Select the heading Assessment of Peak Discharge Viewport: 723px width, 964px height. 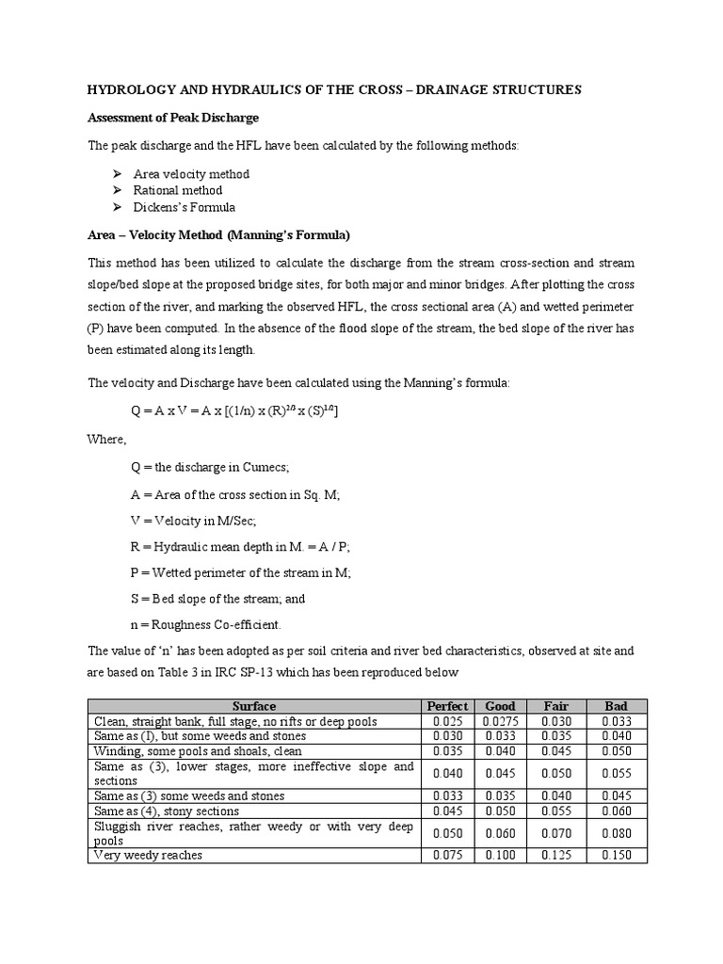tap(172, 118)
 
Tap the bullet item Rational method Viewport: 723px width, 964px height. tap(178, 190)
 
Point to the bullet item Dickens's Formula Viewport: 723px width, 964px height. tap(185, 207)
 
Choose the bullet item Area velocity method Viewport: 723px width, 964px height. tap(191, 174)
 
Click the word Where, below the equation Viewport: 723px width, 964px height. tap(106, 439)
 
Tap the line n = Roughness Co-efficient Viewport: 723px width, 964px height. tap(205, 624)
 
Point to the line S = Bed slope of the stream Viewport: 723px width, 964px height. tap(217, 598)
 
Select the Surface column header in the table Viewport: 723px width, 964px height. tap(254, 706)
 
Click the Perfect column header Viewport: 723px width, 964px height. tap(447, 706)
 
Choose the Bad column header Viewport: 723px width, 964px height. tap(616, 706)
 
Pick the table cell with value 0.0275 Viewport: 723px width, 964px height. tap(500, 721)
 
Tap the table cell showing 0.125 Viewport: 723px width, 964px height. tap(557, 855)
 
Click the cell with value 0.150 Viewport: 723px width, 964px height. tap(616, 855)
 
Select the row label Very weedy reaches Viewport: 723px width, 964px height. tap(148, 855)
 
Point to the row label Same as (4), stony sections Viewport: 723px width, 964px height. tap(167, 811)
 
